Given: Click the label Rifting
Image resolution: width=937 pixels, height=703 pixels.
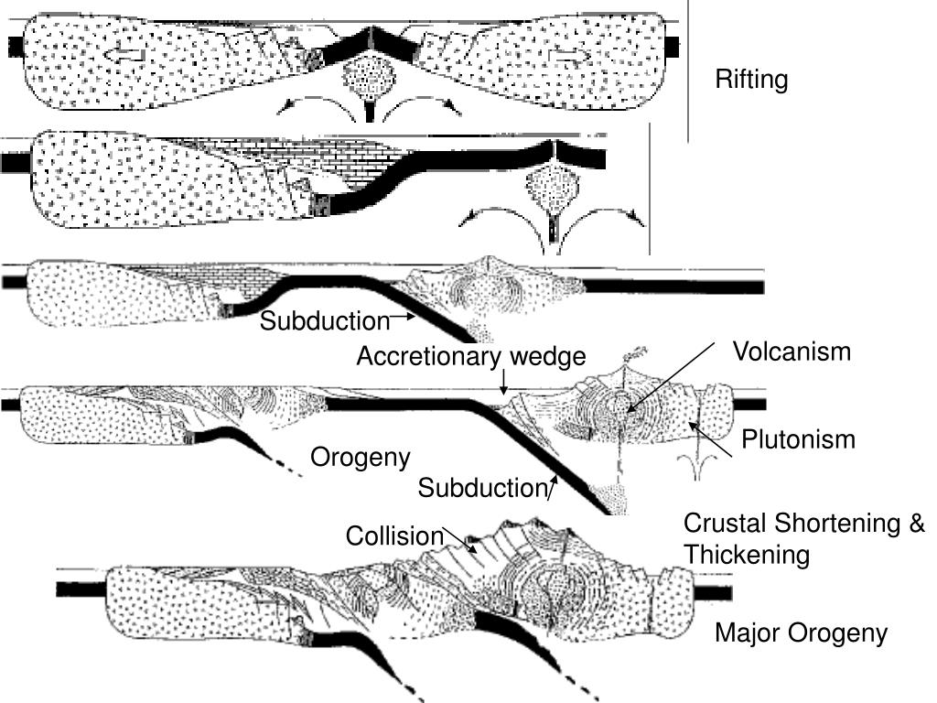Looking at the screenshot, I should tap(750, 81).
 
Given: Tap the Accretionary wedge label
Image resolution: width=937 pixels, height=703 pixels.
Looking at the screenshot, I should tap(470, 356).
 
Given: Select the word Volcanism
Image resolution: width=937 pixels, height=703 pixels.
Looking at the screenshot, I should tap(792, 351).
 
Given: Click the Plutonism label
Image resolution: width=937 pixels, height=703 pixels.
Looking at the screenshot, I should tap(798, 439).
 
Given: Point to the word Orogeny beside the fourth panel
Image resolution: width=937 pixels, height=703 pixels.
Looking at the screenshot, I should tap(361, 457).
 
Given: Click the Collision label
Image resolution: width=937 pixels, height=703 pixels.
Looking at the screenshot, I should tap(393, 535).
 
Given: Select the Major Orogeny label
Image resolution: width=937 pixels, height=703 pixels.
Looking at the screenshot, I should tap(801, 633).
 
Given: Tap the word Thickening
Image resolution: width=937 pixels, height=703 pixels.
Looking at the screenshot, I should tap(747, 555).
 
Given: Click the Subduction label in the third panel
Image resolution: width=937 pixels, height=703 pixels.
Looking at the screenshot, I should tap(325, 321).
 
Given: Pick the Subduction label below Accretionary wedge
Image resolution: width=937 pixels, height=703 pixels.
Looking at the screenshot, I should tap(481, 489).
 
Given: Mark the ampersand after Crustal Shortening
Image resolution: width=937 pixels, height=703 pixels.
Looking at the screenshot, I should tap(916, 524).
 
